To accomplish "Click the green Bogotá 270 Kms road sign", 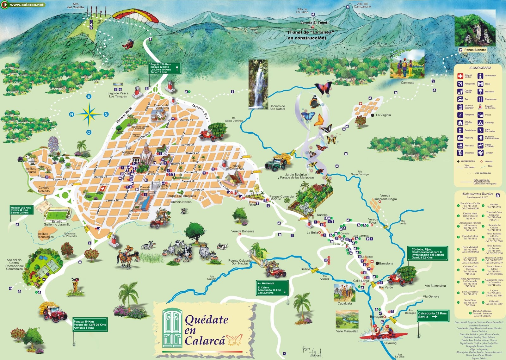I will point(165,68).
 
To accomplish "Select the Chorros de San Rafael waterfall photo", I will point(258,84).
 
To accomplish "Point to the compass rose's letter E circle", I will point(89,96).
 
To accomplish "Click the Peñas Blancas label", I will point(475,50).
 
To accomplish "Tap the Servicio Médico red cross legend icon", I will point(460,76).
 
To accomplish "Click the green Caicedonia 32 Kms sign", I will point(433,315).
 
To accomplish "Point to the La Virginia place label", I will point(383,115).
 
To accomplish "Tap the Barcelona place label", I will point(386,263).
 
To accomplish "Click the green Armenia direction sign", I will point(272,288).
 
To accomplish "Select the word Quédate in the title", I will point(206,320).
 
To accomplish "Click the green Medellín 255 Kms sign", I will point(21,210).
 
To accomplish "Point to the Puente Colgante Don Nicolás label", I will point(240,262).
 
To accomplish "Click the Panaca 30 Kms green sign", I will point(90,325).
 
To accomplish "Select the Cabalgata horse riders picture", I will point(345,293).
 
